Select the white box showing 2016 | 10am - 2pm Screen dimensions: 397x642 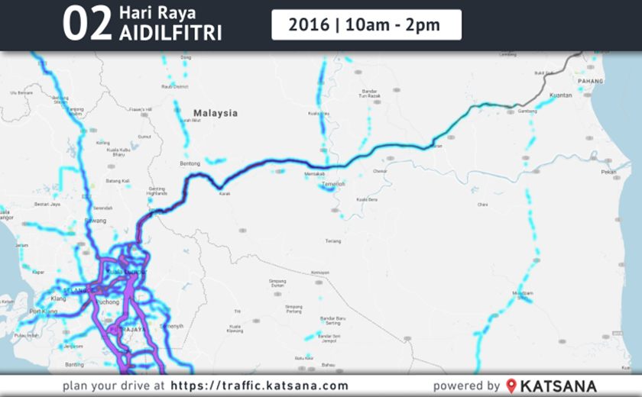tap(366, 24)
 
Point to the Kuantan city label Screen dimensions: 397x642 tap(561, 95)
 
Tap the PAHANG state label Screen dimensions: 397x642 tap(590, 80)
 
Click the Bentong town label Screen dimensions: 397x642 tap(189, 163)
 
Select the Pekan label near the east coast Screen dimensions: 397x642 tap(609, 173)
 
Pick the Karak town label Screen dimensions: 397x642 tap(224, 194)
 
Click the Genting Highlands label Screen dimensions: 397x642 tap(157, 191)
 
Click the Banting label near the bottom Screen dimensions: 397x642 tap(74, 364)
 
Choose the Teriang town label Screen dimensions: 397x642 tap(332, 240)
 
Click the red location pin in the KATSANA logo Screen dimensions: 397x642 tap(511, 386)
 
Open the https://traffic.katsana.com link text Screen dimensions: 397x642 tap(259, 386)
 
